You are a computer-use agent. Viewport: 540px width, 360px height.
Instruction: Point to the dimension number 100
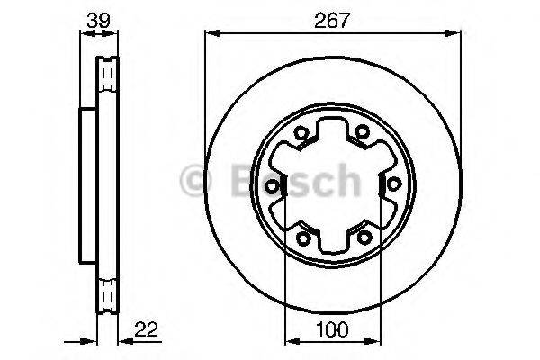coord(329,329)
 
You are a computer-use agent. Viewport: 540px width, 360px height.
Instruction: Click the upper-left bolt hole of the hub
coord(302,134)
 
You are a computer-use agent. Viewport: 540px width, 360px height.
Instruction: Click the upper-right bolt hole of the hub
coord(362,132)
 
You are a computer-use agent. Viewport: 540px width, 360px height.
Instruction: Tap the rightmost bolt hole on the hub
coord(393,184)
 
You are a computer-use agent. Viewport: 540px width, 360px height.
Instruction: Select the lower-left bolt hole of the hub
coord(302,238)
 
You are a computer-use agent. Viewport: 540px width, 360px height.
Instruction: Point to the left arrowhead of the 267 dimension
coord(211,34)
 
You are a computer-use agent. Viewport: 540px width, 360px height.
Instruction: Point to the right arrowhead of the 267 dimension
coord(447,34)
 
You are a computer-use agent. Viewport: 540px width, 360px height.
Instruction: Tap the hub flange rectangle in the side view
coord(88,184)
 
